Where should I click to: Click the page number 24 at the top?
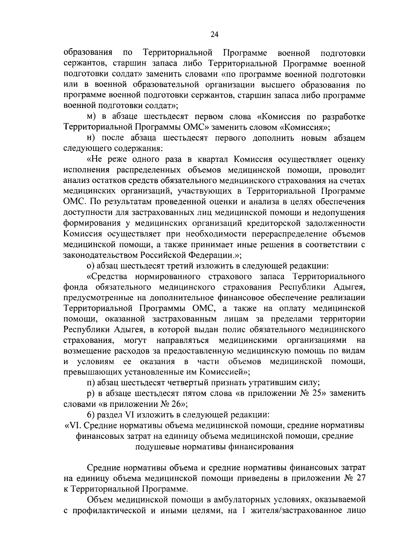tap(214, 35)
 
